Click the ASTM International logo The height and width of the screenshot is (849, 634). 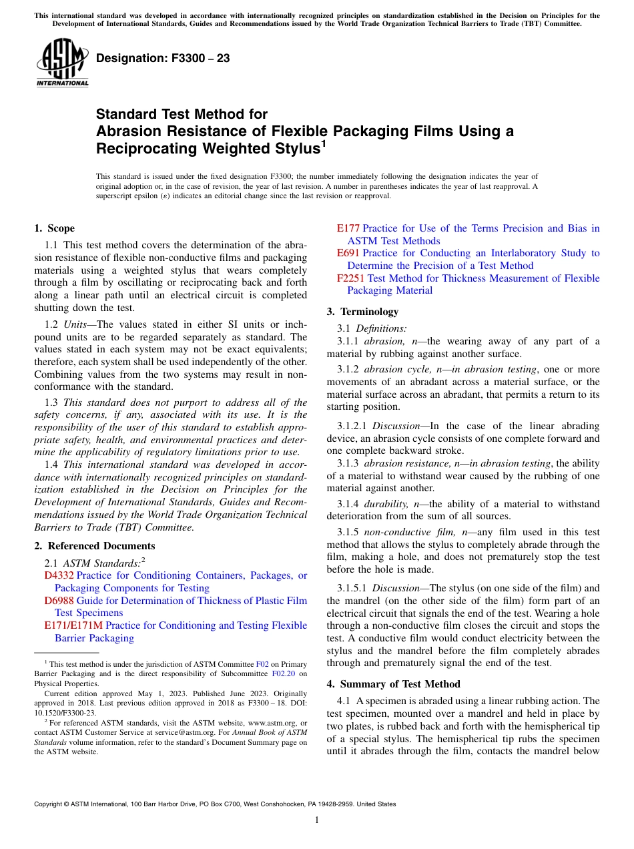[62, 63]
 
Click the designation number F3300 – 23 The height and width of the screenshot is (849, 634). [163, 59]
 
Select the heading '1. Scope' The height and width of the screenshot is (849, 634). [54, 228]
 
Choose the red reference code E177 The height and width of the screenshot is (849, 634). [348, 228]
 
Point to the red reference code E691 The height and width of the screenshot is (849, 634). [348, 253]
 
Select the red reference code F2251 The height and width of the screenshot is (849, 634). [351, 278]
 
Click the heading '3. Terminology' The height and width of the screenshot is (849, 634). [362, 312]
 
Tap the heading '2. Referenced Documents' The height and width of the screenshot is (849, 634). [94, 546]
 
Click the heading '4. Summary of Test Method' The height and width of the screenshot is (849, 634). [393, 684]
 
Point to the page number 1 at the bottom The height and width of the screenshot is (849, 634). [317, 820]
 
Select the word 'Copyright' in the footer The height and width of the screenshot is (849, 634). [49, 804]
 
